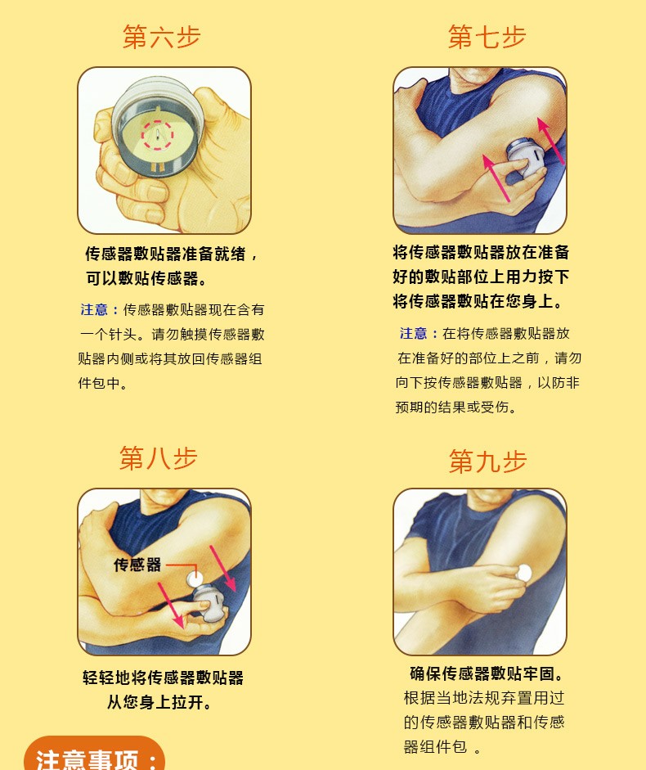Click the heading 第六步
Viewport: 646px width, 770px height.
coord(162,37)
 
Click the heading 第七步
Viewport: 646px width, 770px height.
coord(487,37)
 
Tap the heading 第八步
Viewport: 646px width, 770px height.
coord(159,458)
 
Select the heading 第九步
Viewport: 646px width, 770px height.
coord(487,462)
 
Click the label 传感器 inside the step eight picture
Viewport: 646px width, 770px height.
coord(137,565)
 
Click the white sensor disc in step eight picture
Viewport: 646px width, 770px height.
coord(195,579)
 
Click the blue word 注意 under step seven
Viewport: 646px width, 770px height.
coord(414,334)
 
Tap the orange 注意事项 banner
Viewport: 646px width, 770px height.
coord(95,758)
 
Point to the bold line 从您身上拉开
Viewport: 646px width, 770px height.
coord(160,703)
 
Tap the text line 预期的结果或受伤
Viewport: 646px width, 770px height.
coord(456,408)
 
